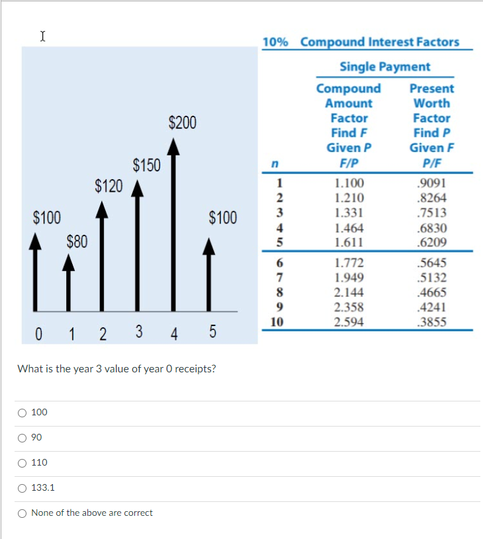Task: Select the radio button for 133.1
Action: click(x=22, y=488)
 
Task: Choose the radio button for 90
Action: click(x=22, y=438)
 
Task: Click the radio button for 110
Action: click(x=22, y=463)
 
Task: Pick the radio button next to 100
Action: click(x=22, y=413)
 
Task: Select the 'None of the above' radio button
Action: click(x=22, y=513)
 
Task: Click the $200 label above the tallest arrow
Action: click(x=182, y=122)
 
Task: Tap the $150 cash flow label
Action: click(x=146, y=165)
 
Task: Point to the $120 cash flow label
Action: click(x=109, y=185)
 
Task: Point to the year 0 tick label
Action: click(x=39, y=333)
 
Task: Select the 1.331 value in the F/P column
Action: click(x=349, y=213)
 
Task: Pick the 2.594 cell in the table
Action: click(x=349, y=322)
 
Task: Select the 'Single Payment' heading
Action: click(x=384, y=67)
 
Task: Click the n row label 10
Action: click(x=278, y=322)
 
